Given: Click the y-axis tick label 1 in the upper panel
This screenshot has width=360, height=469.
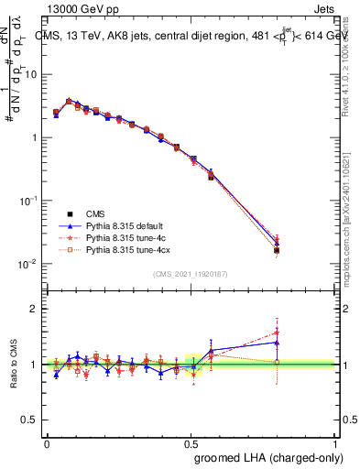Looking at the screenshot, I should click(37, 137).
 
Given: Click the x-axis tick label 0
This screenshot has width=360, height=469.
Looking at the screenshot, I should click(47, 442).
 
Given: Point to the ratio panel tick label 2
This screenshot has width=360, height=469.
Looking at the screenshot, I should click(36, 309).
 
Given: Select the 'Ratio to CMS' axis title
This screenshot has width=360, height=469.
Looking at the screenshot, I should click(13, 364).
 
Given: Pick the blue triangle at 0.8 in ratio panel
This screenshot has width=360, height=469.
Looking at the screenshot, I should click(277, 343).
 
